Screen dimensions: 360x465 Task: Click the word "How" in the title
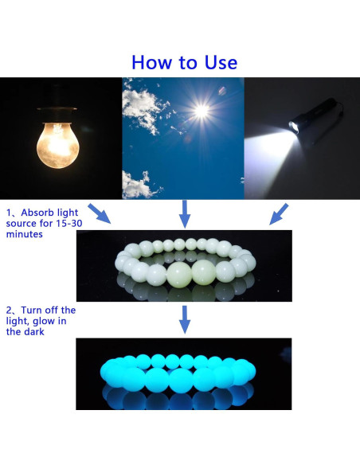(152, 62)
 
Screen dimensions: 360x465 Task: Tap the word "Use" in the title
(221, 62)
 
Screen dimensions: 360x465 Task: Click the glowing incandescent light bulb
(58, 146)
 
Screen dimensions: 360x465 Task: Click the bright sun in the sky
(202, 111)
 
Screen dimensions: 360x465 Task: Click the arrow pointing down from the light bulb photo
(100, 213)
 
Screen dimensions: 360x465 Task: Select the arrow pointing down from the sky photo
(185, 214)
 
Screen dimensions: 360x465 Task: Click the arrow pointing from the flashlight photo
(279, 214)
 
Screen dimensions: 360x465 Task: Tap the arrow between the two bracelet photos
(185, 320)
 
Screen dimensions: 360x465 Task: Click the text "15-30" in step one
(69, 223)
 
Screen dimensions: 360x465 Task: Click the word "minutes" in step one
(25, 234)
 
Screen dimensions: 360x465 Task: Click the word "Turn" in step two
(31, 311)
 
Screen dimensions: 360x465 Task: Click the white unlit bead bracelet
(185, 263)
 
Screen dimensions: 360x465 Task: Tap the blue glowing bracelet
(178, 373)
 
